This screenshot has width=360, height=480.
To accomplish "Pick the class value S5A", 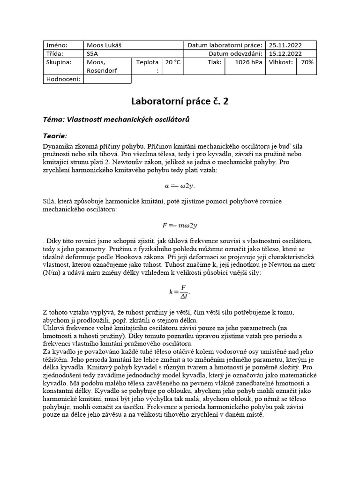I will click(93, 54).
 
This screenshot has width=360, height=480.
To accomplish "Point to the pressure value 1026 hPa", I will click(249, 62).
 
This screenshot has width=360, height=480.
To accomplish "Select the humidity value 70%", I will click(308, 62).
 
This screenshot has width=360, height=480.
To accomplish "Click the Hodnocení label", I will click(63, 79).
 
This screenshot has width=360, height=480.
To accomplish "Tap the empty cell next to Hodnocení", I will click(107, 79).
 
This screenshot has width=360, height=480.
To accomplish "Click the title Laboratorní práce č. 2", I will click(180, 101).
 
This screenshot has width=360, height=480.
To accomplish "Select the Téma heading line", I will click(116, 120).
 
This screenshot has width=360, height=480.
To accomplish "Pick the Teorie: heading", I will click(55, 136).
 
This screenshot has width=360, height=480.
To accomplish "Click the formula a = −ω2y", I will click(180, 185).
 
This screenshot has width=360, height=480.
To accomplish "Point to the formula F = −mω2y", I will click(180, 225).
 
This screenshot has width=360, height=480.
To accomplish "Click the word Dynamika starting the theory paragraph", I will click(57, 146).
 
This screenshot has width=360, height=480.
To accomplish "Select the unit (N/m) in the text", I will click(52, 272).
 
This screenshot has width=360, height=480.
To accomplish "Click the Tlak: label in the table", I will click(214, 62).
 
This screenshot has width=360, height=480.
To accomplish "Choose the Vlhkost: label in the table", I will click(281, 62).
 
